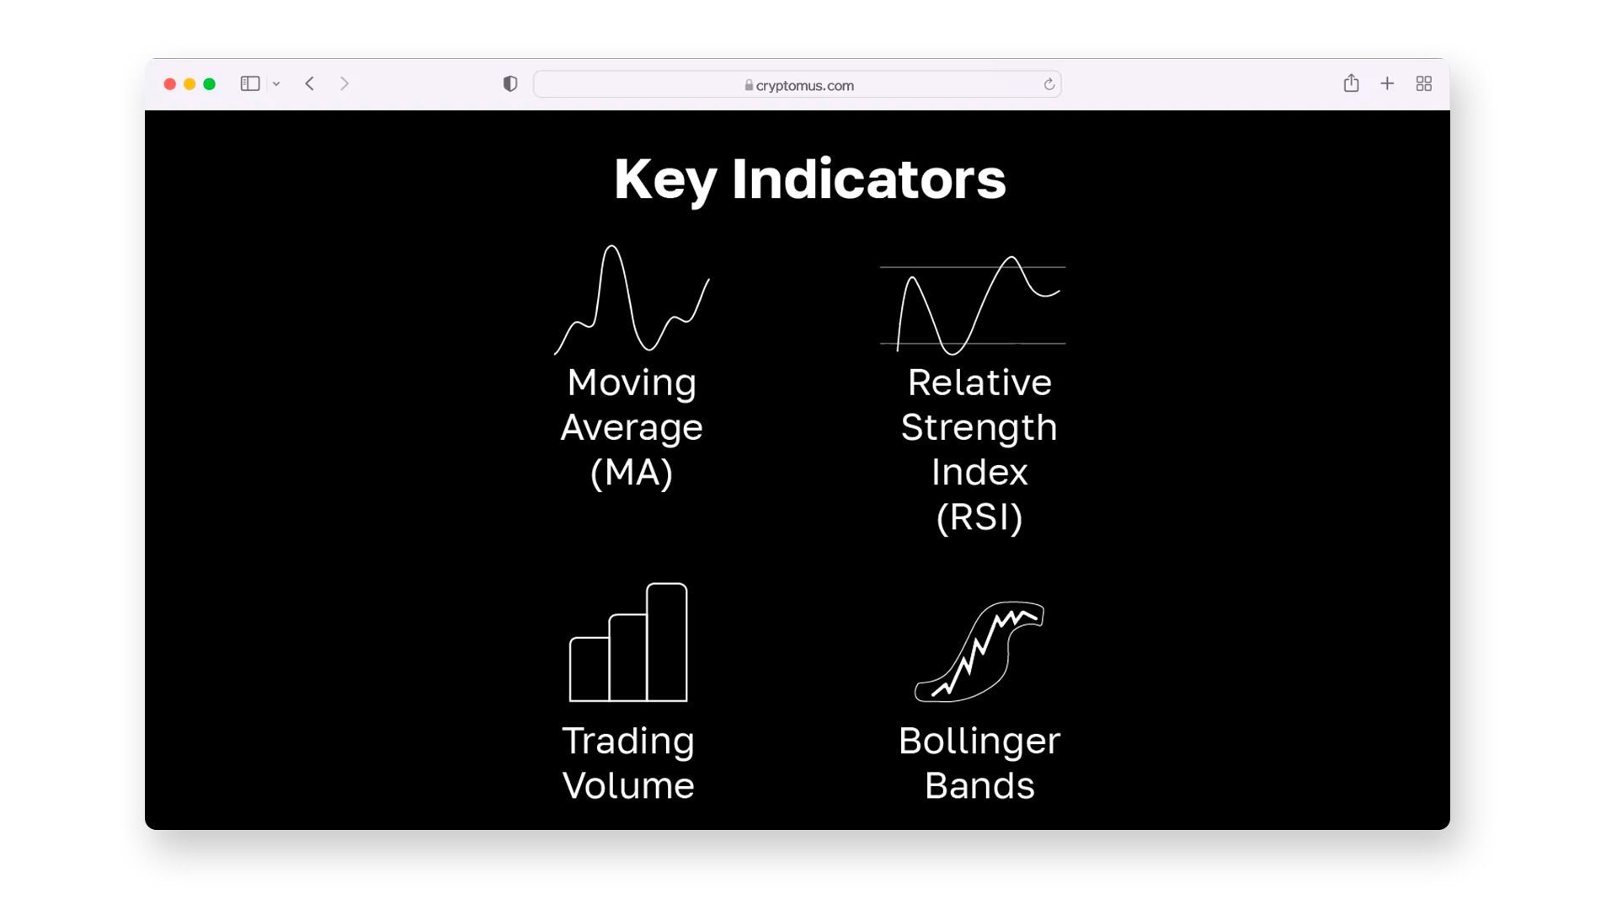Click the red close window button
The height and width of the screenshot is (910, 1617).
(x=169, y=84)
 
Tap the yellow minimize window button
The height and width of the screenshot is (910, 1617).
(x=189, y=84)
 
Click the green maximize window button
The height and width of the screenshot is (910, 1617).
(x=210, y=84)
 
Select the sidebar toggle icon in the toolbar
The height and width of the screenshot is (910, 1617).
(x=250, y=83)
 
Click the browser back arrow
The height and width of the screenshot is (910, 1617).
(x=310, y=83)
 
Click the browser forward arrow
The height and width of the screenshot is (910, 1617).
(x=344, y=83)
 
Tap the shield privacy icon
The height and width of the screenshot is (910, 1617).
(x=510, y=83)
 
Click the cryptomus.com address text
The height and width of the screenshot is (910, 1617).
(x=805, y=85)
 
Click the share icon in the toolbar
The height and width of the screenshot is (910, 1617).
(x=1352, y=83)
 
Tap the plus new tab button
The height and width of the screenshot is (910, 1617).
(x=1387, y=83)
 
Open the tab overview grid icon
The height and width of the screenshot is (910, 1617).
(x=1424, y=83)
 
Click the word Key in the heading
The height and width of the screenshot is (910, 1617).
(x=665, y=180)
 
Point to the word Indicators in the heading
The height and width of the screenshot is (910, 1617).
(x=869, y=179)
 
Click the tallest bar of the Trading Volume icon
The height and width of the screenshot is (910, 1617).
(x=667, y=642)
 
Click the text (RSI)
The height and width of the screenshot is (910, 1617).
(x=979, y=517)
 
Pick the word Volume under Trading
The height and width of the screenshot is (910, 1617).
(x=628, y=786)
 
